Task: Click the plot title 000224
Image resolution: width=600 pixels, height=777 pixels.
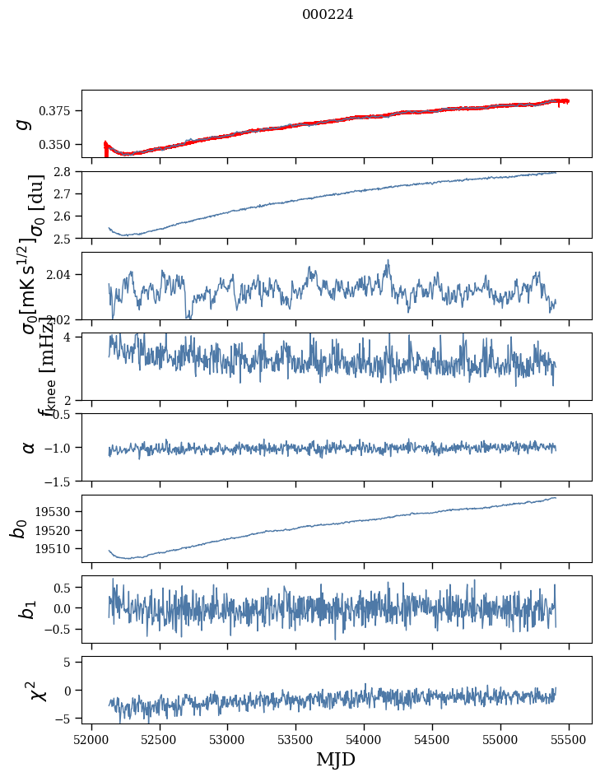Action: [x=328, y=14]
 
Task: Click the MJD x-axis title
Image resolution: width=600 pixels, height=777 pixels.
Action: [x=337, y=759]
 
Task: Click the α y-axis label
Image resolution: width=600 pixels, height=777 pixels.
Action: [x=28, y=447]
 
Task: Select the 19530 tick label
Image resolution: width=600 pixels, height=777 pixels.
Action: [x=59, y=511]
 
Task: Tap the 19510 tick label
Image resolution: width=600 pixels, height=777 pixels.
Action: [x=59, y=548]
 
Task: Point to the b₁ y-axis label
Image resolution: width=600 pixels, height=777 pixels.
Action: [x=28, y=609]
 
